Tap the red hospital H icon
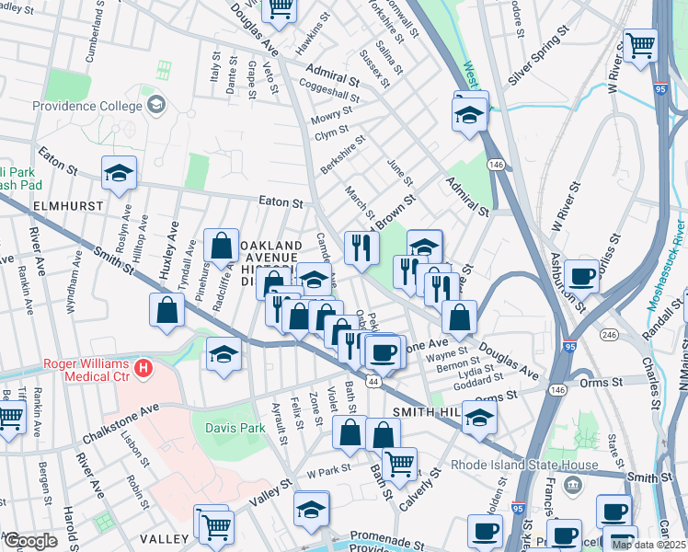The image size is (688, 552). [x=142, y=369]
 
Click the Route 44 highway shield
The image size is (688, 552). [x=373, y=380]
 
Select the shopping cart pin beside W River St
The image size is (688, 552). [x=640, y=44]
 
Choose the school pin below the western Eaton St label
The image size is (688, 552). [x=119, y=174]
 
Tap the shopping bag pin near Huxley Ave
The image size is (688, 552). [x=166, y=309]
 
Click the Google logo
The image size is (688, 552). [x=30, y=540]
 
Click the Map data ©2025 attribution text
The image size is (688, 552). [x=648, y=545]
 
